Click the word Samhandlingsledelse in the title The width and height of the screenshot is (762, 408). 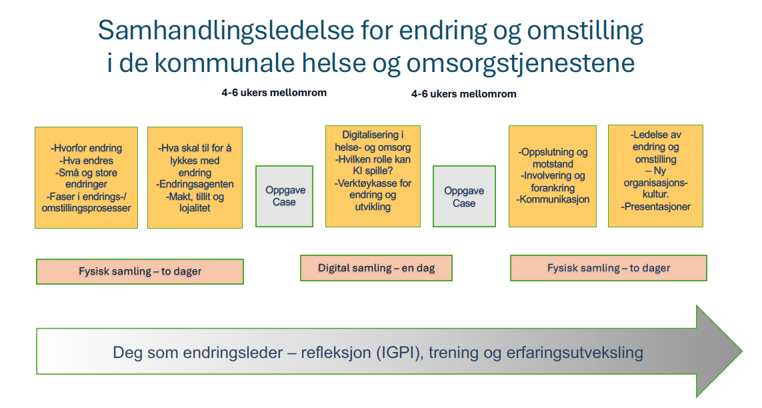[226, 31]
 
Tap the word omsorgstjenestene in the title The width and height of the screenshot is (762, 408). [521, 63]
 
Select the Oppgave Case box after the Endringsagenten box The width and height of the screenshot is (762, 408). [284, 196]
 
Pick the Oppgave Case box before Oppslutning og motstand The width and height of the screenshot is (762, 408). [464, 196]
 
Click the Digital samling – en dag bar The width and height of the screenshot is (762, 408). [376, 268]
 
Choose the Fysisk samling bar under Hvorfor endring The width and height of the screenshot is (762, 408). [140, 271]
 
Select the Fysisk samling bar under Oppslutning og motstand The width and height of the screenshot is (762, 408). [609, 268]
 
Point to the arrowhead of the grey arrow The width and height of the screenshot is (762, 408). [741, 351]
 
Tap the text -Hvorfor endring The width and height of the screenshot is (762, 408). [87, 148]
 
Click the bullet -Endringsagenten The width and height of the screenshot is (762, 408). [195, 185]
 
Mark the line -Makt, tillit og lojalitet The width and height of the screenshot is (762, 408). [195, 203]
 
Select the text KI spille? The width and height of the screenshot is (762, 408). [373, 171]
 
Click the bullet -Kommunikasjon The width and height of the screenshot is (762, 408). [553, 199]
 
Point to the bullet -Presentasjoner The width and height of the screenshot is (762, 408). [655, 207]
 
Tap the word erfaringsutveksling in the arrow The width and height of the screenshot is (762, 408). [575, 353]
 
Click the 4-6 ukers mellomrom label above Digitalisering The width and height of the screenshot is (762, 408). [274, 93]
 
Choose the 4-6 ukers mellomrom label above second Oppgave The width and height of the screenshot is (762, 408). [463, 94]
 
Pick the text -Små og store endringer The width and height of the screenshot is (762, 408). [87, 178]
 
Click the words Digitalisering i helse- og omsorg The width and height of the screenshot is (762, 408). [373, 141]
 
